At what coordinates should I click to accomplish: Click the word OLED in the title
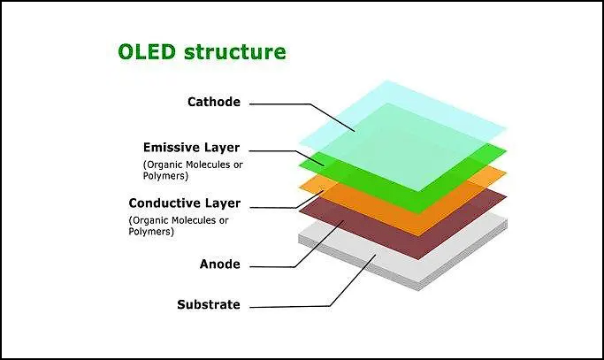(148, 51)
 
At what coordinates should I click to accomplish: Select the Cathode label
(213, 102)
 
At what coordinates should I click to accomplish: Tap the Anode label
(220, 264)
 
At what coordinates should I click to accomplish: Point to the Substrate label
(208, 305)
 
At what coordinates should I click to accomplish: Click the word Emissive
(175, 147)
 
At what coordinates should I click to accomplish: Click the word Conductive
(169, 203)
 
